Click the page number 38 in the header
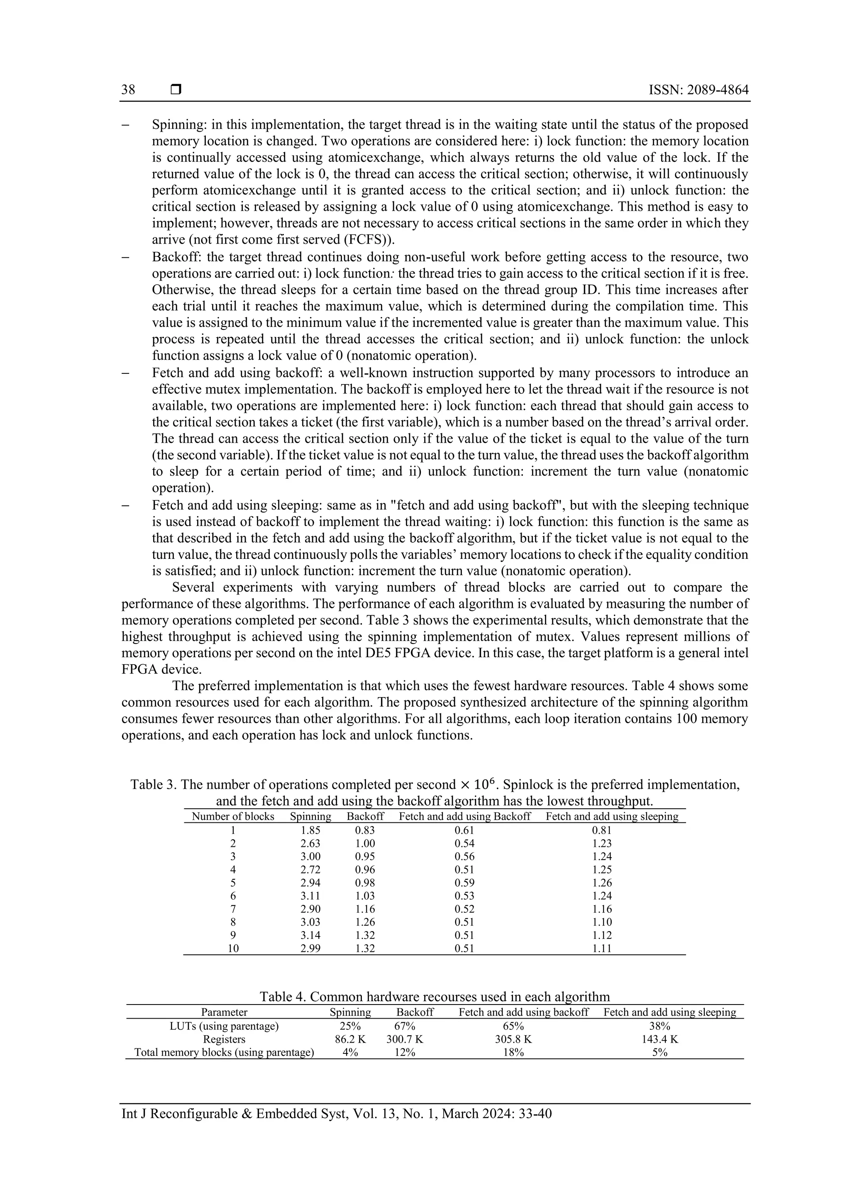click(128, 90)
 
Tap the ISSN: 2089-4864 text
click(698, 90)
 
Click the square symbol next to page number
click(176, 90)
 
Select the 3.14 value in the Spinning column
click(310, 935)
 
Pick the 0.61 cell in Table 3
click(464, 830)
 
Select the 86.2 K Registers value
click(350, 1040)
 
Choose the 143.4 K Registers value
click(659, 1040)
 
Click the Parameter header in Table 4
click(224, 1012)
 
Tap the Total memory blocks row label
click(224, 1053)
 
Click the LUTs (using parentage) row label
click(224, 1026)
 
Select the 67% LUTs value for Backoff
click(404, 1026)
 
